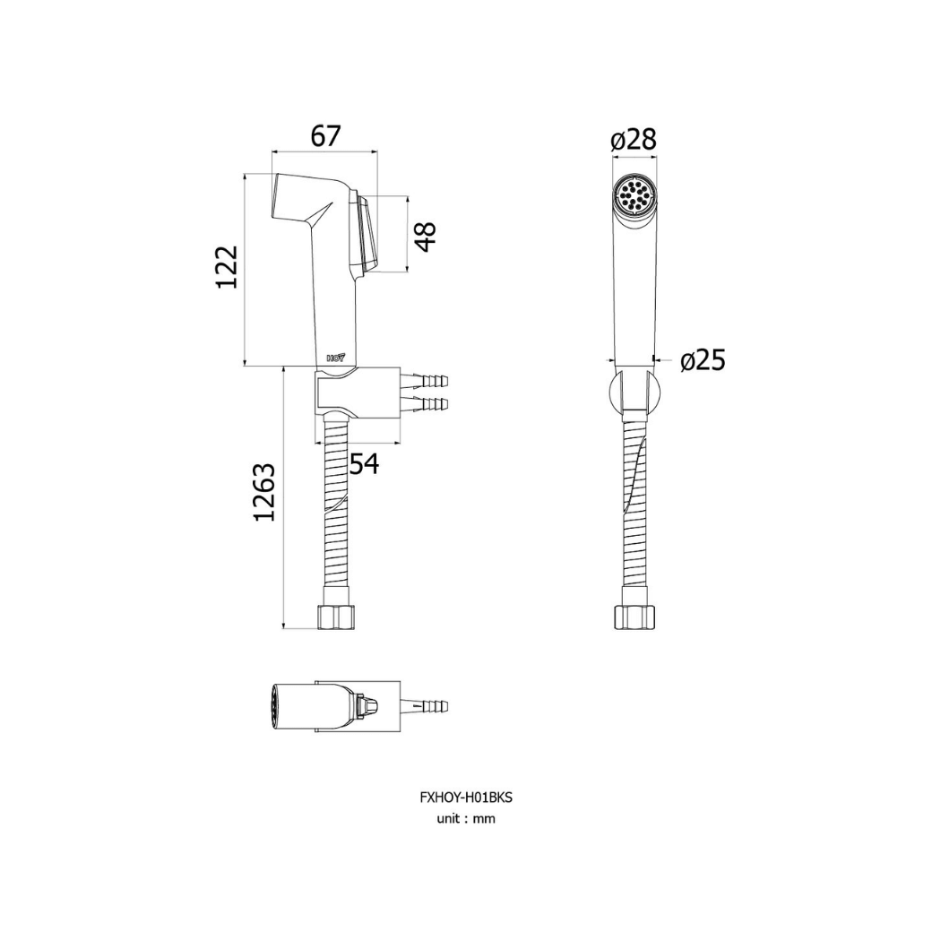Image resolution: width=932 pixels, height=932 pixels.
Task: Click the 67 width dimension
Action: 325,137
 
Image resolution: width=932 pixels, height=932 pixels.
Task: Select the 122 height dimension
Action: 227,267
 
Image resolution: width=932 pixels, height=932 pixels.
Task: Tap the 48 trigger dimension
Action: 425,236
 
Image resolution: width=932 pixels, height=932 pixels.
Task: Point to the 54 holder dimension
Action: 364,463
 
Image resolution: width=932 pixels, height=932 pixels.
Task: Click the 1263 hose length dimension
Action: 264,492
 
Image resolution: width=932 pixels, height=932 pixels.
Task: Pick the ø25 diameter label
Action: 703,360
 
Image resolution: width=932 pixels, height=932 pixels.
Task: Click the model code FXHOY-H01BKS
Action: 466,798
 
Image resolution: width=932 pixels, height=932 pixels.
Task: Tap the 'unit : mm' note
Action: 466,818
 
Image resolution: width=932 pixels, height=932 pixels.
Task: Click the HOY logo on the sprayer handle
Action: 336,358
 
